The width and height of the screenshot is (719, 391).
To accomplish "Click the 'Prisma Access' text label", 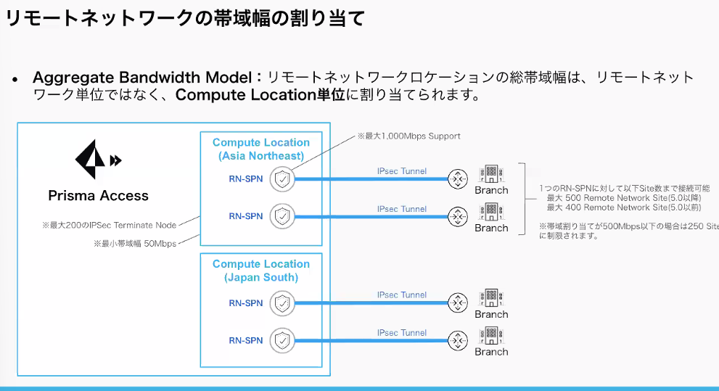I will (98, 196).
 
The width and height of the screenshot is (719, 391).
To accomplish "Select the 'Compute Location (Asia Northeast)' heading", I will (261, 149).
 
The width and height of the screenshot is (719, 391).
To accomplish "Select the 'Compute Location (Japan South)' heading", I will (261, 271).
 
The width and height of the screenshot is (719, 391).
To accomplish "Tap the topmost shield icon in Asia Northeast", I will (282, 178).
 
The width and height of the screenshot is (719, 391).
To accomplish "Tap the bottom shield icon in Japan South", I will (282, 340).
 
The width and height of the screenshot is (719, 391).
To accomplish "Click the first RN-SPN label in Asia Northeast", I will (246, 178).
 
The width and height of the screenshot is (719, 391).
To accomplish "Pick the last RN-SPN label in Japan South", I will (246, 340).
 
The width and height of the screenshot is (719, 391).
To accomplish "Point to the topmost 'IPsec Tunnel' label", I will (402, 171).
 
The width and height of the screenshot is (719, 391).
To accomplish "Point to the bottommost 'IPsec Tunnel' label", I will (402, 333).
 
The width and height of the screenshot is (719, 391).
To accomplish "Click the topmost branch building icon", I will (491, 175).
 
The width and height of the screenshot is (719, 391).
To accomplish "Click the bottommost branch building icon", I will (491, 337).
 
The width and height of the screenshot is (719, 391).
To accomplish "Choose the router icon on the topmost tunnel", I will (458, 178).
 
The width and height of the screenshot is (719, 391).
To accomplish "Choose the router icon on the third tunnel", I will (458, 302).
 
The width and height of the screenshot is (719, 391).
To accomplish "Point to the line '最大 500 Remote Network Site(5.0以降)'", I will (623, 198).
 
